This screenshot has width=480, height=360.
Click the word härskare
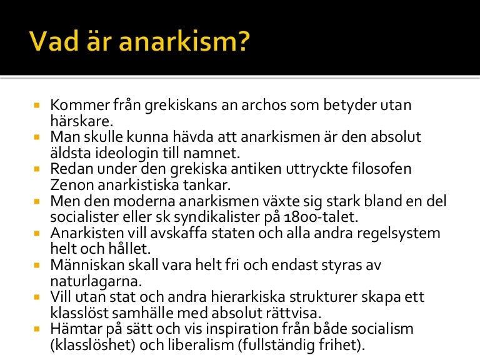coord(81,121)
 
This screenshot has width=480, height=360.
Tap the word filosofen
coord(382,169)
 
